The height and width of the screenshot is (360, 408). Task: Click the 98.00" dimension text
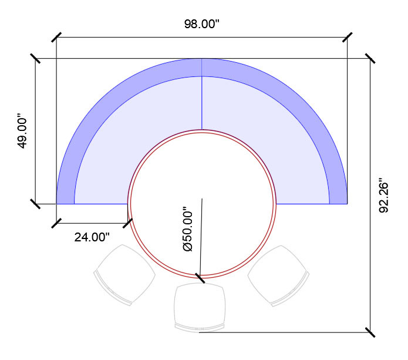[x=201, y=25]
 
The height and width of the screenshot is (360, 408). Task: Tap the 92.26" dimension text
[x=385, y=196]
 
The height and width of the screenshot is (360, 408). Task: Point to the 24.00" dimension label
[x=92, y=237]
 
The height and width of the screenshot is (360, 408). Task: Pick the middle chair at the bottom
[x=200, y=305]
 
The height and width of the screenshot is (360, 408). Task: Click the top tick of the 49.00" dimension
[x=36, y=58]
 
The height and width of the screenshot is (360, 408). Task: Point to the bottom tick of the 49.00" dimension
[x=36, y=204]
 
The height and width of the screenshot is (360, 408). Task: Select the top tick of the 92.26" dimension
[x=370, y=58]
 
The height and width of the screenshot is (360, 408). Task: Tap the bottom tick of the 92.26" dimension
[x=370, y=332]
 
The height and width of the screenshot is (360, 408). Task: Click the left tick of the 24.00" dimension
[x=56, y=223]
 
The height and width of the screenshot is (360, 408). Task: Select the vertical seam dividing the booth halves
[x=202, y=94]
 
